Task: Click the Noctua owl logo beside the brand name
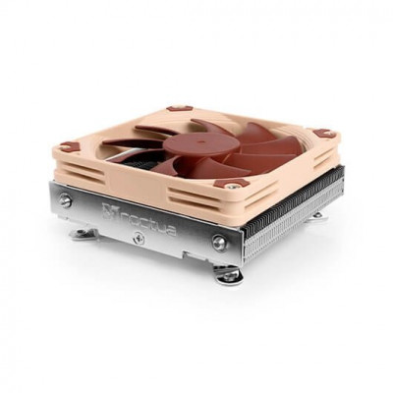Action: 107,211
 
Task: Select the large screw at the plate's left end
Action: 66,201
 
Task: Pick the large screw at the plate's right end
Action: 219,242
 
